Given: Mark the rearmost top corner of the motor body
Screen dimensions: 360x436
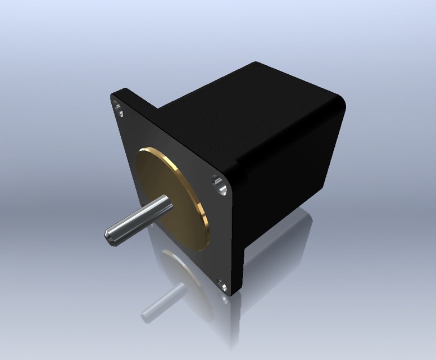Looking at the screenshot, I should (x=256, y=63).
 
